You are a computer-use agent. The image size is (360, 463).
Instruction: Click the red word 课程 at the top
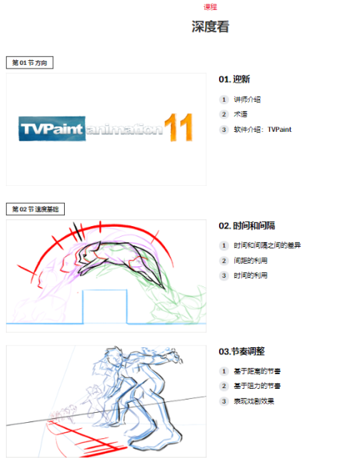[x=210, y=7]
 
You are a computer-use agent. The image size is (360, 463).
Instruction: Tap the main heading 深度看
[x=210, y=26]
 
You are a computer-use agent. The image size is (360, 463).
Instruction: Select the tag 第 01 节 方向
[x=29, y=63]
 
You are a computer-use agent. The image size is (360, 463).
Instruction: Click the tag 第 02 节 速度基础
[x=35, y=209]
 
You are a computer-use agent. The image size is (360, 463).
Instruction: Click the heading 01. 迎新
[x=234, y=79]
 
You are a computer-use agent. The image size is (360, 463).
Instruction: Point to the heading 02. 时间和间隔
[x=247, y=226]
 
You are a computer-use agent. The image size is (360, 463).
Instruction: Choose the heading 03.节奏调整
[x=242, y=351]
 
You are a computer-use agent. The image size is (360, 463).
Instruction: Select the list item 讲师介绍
[x=247, y=100]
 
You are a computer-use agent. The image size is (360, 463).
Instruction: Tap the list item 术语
[x=241, y=114]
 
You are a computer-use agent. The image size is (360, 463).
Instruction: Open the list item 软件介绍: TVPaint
[x=263, y=130]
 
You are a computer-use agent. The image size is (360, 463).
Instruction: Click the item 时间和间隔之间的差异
[x=267, y=245]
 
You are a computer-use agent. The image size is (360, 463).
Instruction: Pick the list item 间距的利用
[x=251, y=261]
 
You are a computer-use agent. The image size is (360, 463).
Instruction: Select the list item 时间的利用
[x=251, y=275]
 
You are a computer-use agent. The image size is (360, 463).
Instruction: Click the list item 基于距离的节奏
[x=257, y=371]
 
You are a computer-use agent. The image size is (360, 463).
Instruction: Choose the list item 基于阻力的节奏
[x=257, y=386]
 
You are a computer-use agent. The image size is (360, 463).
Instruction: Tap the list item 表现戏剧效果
[x=254, y=401]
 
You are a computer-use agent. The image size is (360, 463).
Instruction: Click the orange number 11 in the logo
[x=179, y=127]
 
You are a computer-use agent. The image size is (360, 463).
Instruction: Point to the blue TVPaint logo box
[x=52, y=128]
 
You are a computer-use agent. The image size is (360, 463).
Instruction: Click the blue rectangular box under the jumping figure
[x=105, y=306]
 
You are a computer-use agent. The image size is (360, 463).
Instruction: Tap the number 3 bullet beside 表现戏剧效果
[x=224, y=401]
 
